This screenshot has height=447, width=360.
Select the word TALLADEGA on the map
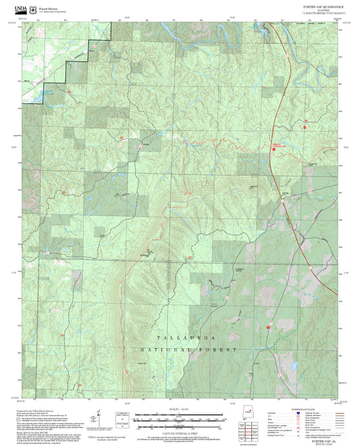click(180, 336)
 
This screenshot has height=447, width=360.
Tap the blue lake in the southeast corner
click(293, 367)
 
